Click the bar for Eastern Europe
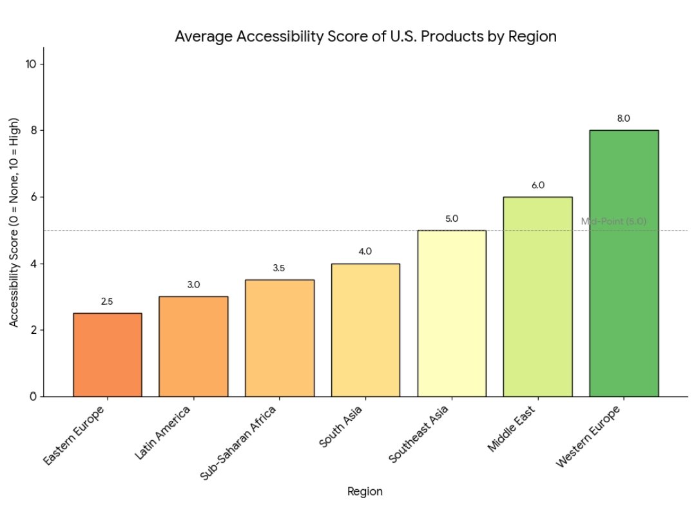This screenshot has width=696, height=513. click(108, 354)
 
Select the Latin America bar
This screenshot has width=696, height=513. click(193, 346)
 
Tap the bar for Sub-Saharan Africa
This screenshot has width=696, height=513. click(280, 338)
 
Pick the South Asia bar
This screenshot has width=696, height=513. click(365, 329)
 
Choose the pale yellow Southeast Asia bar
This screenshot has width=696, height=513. click(452, 313)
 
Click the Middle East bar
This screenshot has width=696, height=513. click(537, 296)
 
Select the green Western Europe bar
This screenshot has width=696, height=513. click(624, 263)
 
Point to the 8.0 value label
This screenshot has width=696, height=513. click(623, 119)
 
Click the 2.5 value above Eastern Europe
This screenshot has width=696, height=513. click(107, 302)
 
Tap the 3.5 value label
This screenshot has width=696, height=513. click(279, 268)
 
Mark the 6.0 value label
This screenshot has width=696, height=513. click(537, 186)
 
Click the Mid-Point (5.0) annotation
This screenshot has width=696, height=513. click(613, 221)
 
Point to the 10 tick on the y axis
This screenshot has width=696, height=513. click(31, 64)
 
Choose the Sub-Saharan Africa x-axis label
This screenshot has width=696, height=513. click(239, 443)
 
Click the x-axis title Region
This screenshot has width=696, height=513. click(365, 492)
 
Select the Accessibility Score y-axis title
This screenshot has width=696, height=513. click(14, 223)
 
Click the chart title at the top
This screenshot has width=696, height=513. click(365, 37)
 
